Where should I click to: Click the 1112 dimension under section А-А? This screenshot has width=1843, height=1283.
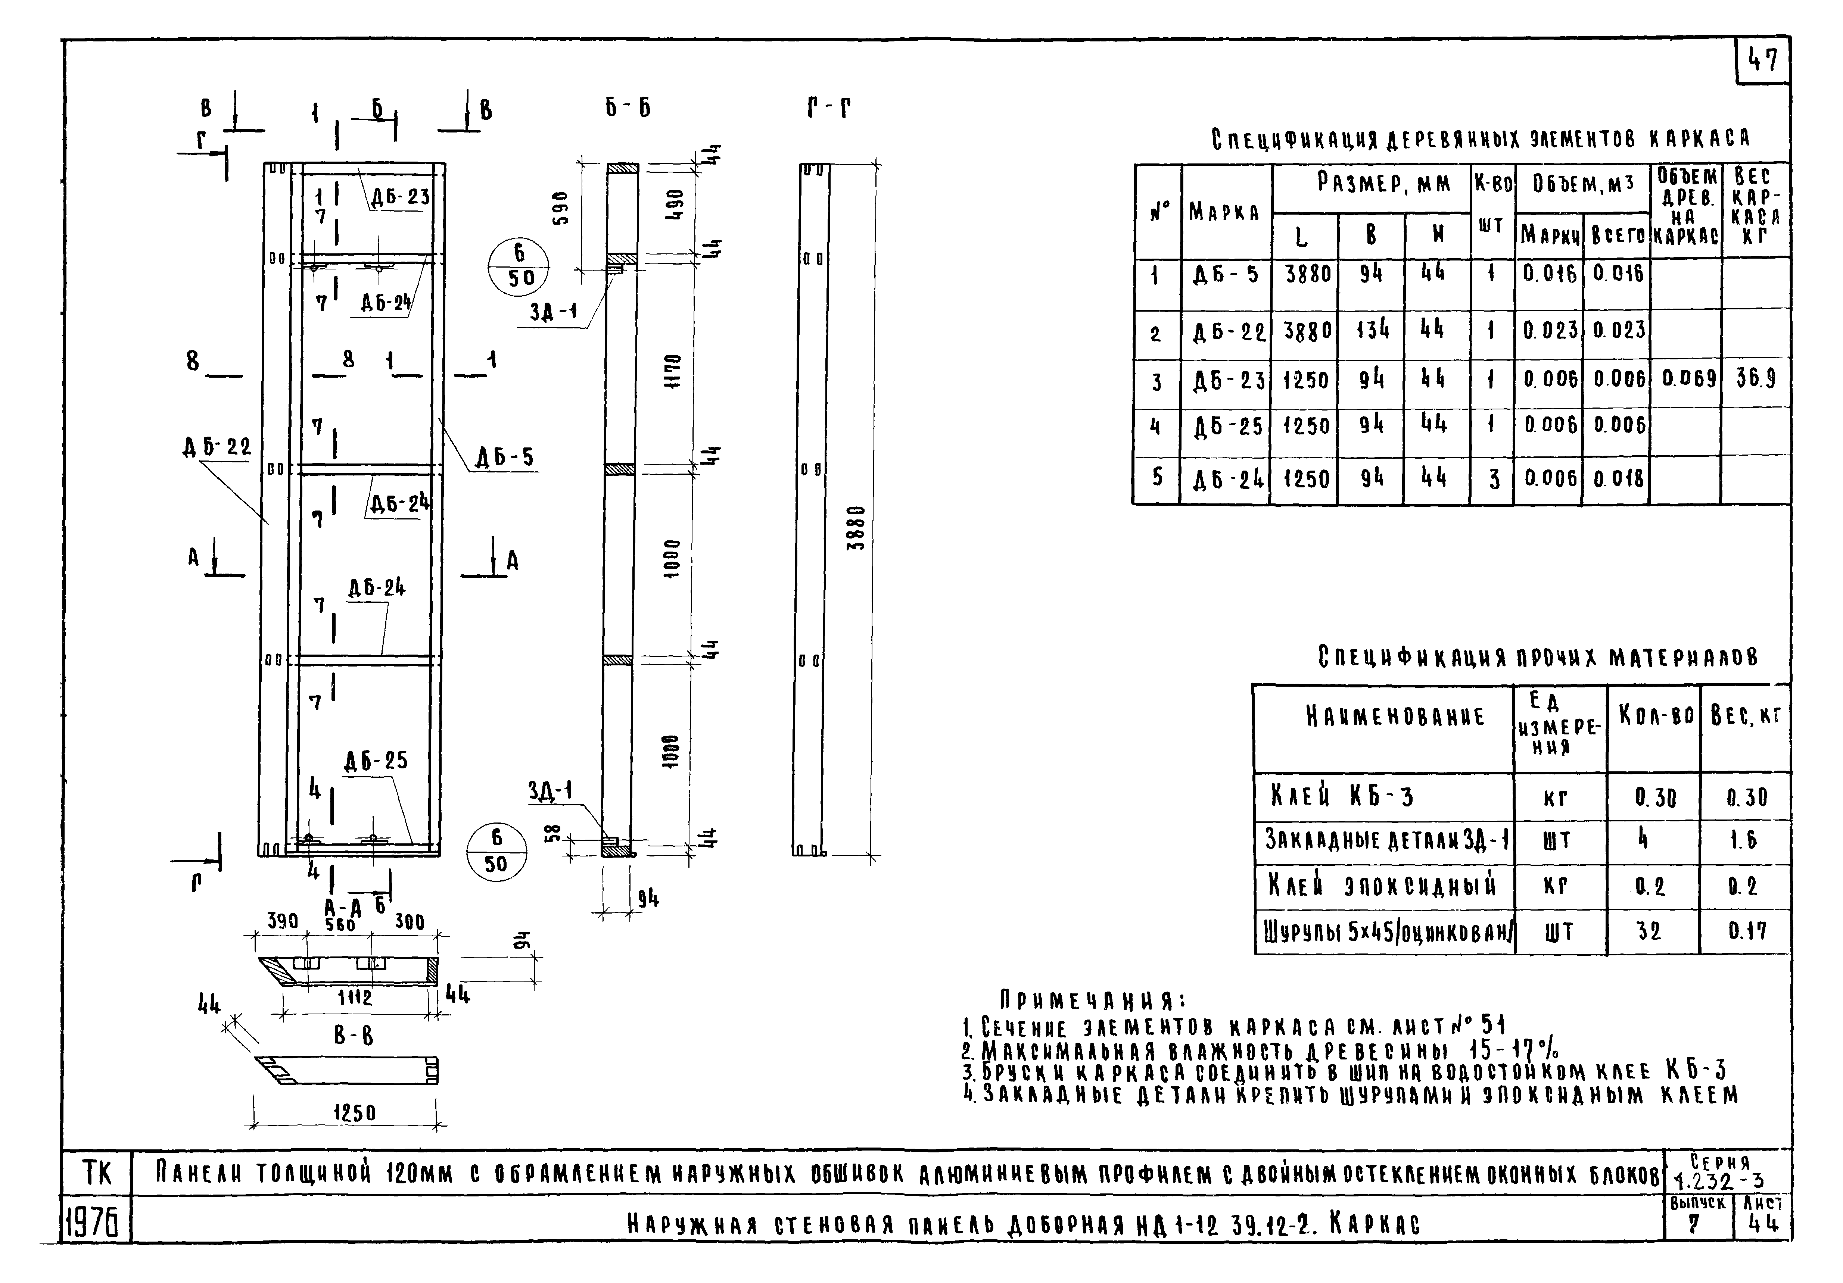click(x=354, y=998)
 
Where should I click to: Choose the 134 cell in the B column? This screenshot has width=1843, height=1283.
click(x=1372, y=329)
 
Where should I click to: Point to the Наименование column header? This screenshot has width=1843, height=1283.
click(x=1383, y=716)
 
